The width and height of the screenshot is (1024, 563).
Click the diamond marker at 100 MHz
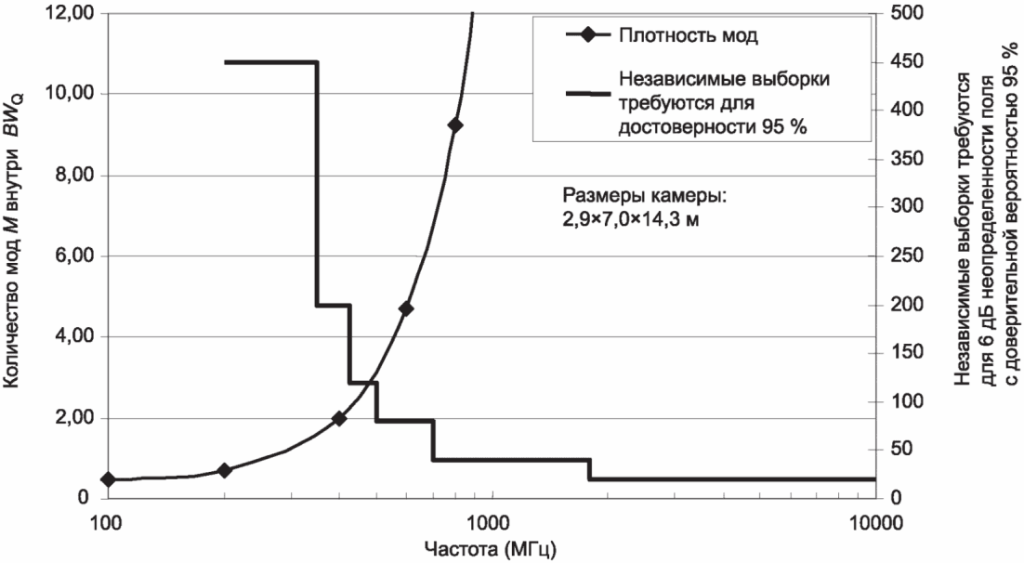click(108, 479)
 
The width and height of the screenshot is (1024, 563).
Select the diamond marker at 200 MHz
click(224, 470)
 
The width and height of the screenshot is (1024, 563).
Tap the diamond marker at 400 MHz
click(339, 419)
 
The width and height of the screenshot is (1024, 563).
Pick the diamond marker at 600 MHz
click(406, 308)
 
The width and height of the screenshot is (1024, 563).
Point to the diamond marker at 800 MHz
click(454, 125)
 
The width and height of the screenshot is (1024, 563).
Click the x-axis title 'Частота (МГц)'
click(492, 548)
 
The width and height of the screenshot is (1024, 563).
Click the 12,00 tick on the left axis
click(72, 14)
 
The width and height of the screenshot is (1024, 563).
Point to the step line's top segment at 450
click(270, 62)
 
